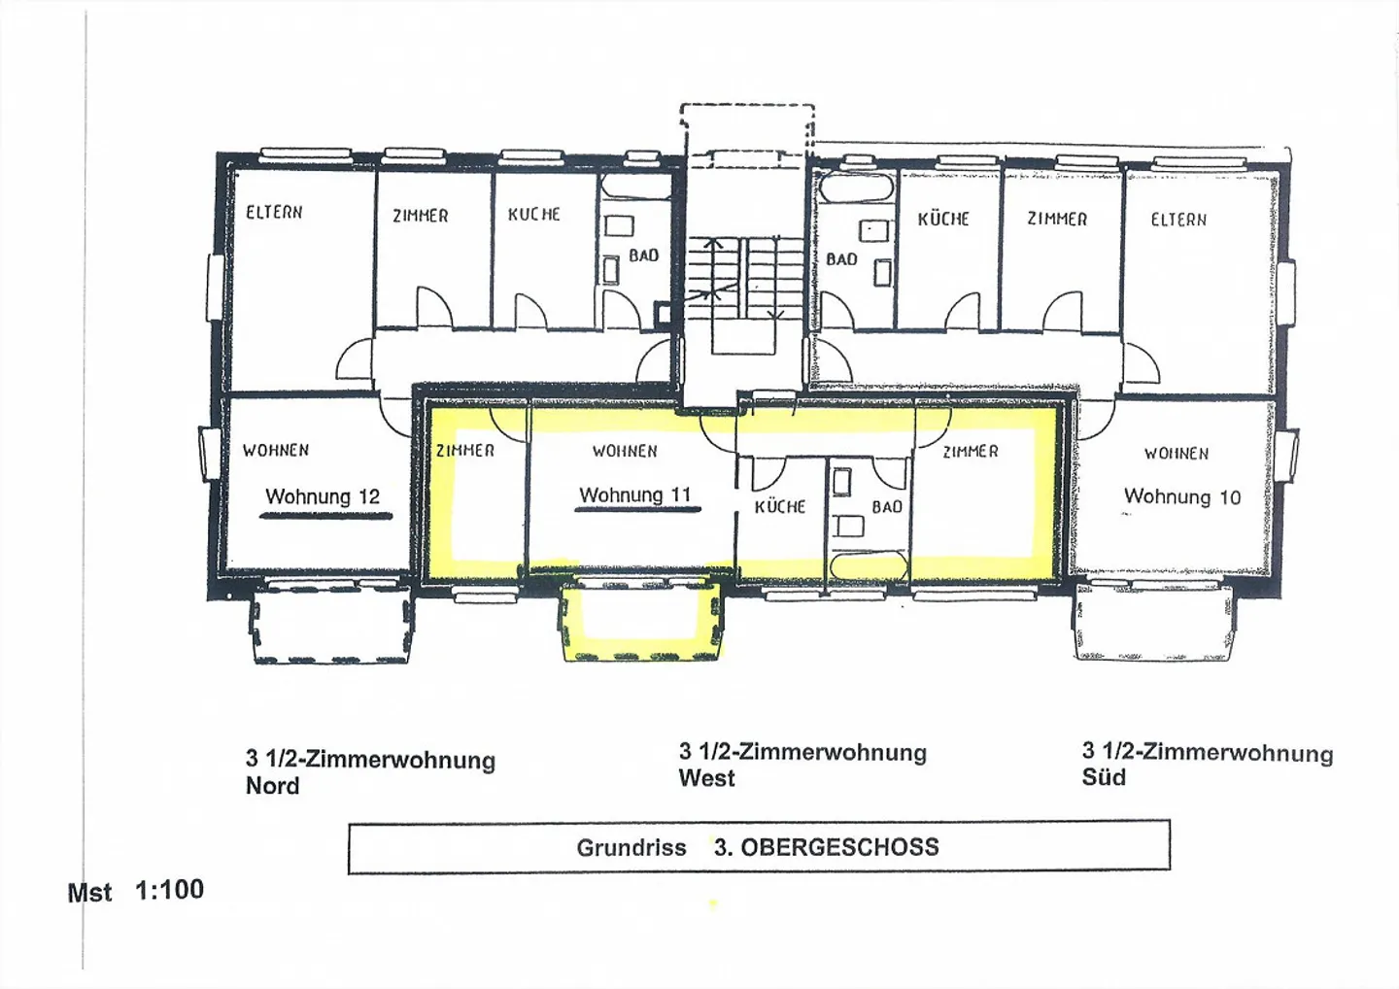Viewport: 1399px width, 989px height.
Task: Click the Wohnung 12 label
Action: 323,497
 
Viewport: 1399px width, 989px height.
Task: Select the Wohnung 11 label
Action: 635,495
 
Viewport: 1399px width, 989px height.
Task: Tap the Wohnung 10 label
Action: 1181,497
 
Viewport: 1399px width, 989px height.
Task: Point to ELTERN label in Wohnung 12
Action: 274,213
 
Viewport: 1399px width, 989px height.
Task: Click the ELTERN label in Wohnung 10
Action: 1178,220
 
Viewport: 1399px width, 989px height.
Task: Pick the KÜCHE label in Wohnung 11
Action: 780,506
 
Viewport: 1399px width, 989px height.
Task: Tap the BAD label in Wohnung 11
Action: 887,507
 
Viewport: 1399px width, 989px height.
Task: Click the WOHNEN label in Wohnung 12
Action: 276,450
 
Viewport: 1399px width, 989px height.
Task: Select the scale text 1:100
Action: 169,890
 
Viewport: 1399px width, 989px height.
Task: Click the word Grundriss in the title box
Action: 631,848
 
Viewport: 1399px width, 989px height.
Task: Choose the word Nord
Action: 272,785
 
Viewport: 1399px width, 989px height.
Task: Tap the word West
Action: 706,778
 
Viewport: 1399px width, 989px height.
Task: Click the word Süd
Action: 1104,777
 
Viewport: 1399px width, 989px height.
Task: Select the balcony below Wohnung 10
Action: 1154,620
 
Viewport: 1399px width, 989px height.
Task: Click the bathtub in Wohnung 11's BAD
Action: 869,565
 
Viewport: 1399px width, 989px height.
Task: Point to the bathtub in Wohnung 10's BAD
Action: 857,188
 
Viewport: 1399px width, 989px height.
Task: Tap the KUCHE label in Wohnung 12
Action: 534,214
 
